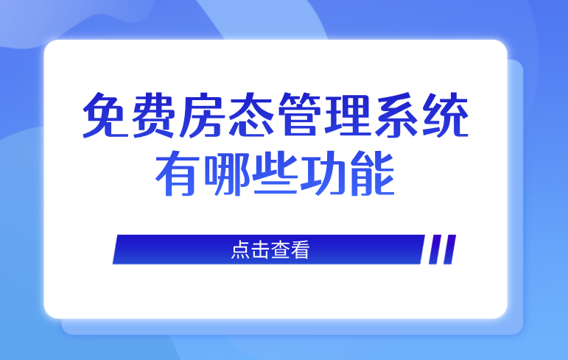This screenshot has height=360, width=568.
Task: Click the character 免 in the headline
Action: (106, 115)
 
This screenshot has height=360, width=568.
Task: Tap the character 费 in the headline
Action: (153, 115)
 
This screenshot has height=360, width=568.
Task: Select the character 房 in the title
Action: (202, 115)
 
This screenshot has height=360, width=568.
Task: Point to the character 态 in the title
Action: (250, 115)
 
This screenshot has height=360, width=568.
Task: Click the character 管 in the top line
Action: (299, 115)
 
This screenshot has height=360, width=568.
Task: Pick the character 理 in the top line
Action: (348, 115)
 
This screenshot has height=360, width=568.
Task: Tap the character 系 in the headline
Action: (396, 115)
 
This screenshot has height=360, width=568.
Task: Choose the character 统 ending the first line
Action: (445, 115)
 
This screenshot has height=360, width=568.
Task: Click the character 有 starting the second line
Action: (178, 173)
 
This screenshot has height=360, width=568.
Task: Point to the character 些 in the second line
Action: (276, 173)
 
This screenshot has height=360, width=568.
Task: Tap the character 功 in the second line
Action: (323, 173)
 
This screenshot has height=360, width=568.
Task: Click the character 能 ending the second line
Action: (372, 173)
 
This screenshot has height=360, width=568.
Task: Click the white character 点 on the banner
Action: (240, 250)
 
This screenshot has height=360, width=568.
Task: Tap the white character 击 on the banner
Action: (260, 250)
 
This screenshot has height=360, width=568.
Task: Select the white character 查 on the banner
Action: (280, 250)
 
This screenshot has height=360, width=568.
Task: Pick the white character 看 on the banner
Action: (300, 250)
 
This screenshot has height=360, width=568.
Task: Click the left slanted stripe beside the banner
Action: (435, 250)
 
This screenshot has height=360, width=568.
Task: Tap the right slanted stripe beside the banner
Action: (449, 250)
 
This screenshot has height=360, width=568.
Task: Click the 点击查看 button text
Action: (270, 250)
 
